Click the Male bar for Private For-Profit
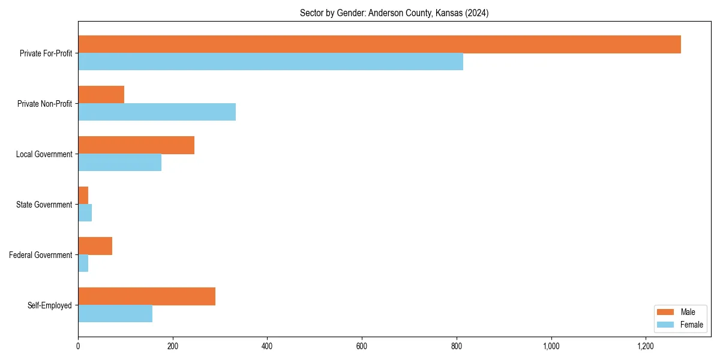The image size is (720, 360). [x=379, y=44]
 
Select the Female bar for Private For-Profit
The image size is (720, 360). [x=271, y=62]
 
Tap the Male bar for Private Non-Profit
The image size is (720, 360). [x=101, y=95]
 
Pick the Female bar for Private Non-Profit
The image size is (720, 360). [x=157, y=112]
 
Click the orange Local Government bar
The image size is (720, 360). [x=136, y=145]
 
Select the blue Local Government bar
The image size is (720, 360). [x=119, y=163]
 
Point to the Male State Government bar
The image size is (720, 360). [x=83, y=196]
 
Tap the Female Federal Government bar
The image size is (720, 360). [x=83, y=263]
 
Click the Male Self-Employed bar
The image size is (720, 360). [x=146, y=296]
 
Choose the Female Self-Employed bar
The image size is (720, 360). [x=115, y=314]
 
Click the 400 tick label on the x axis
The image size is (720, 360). [x=267, y=346]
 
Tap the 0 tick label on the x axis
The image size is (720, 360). [x=78, y=346]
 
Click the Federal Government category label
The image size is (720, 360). [x=41, y=255]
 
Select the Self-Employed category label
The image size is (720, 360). [x=50, y=305]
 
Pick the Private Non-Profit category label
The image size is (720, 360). [x=44, y=104]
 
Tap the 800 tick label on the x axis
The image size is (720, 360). [x=457, y=346]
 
